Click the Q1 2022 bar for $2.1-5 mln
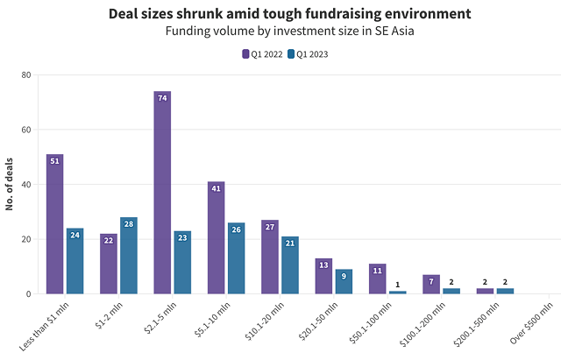click(x=162, y=193)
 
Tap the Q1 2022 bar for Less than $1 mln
click(x=54, y=224)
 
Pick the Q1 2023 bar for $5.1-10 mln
click(x=237, y=258)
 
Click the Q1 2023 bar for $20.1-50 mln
click(x=344, y=281)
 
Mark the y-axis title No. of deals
click(x=11, y=185)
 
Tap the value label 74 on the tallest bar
click(x=162, y=99)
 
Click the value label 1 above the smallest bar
click(x=398, y=285)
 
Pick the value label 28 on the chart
click(x=129, y=225)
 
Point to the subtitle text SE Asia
click(x=394, y=32)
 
